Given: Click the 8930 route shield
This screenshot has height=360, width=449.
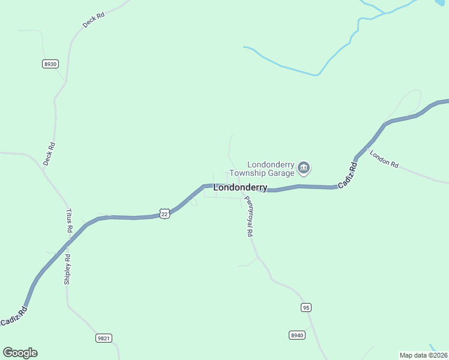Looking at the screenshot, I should pos(50,64).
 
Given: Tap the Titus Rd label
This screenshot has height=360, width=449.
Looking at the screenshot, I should pos(68,221).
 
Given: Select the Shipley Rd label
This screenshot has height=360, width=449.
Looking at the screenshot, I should pos(67,268).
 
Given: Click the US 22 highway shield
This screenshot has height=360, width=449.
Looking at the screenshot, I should pos(165,213).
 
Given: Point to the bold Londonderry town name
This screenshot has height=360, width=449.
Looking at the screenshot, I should pos(240,188).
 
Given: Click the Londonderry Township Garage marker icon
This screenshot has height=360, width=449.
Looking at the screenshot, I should pos(304,167).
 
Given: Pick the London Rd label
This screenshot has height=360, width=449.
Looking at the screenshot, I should pos(384,159).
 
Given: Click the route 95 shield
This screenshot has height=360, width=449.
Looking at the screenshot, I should pos(306,307).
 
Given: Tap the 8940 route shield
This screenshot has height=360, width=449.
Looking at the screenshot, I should pos(297,335).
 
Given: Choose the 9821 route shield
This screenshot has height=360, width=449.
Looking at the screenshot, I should pos(103,338).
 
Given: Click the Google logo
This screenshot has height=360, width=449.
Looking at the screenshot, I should pos(20,353).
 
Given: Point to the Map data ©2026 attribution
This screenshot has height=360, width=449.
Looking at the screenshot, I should pos(423,355).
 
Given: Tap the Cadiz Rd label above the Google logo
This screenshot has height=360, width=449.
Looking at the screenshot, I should pos(14,317).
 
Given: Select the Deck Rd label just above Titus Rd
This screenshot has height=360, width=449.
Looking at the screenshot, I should pos(49,153).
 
